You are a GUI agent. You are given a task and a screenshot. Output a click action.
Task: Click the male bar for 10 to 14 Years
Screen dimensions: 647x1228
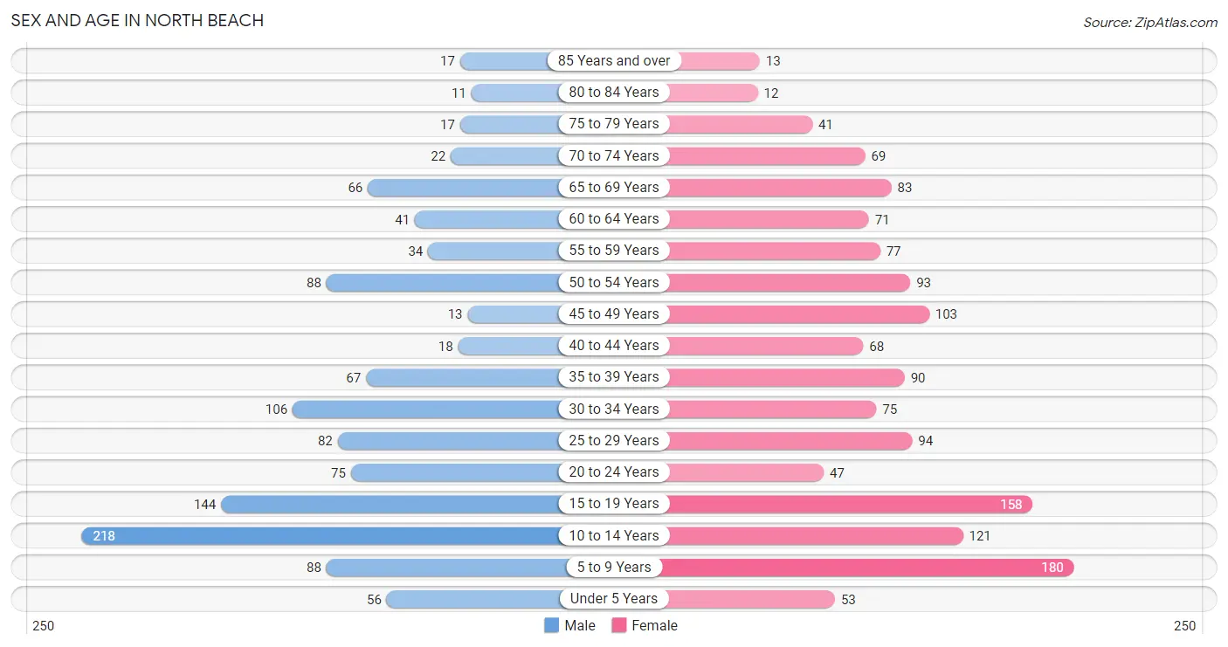(x=323, y=535)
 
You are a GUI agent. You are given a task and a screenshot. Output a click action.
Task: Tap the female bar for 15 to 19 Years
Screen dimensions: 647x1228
(x=847, y=504)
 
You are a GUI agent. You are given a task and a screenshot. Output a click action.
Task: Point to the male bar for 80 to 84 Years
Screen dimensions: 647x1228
(x=515, y=92)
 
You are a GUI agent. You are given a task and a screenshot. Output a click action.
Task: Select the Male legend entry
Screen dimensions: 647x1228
(x=569, y=625)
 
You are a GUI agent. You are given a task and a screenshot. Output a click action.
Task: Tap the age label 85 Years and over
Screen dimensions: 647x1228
(x=614, y=60)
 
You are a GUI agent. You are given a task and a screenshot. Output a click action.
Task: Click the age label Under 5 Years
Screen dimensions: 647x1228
(x=614, y=599)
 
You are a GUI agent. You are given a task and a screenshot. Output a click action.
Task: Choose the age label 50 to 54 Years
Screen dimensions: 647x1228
(x=614, y=282)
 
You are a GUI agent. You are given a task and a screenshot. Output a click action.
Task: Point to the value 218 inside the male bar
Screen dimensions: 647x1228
(x=104, y=536)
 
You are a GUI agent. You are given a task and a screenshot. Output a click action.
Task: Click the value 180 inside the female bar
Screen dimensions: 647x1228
(x=1052, y=568)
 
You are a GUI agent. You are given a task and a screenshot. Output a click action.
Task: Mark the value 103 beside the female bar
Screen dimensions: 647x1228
(x=946, y=314)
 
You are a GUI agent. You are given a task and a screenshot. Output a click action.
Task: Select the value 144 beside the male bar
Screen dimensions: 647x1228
(x=205, y=504)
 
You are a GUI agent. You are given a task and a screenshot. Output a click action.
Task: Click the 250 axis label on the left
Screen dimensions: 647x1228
(x=43, y=625)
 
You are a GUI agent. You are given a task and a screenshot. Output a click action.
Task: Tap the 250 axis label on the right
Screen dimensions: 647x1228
(x=1184, y=625)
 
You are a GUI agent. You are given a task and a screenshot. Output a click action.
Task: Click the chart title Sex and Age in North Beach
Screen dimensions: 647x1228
(x=137, y=20)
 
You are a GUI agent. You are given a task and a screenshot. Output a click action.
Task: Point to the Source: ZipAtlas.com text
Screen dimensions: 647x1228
(x=1149, y=22)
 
